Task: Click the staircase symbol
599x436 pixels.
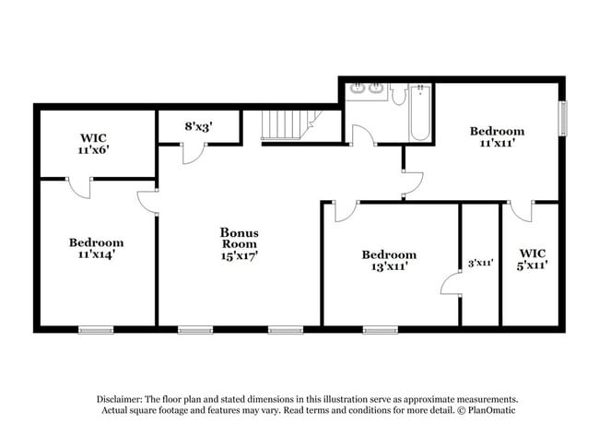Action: (288, 124)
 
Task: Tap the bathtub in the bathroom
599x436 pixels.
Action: (419, 112)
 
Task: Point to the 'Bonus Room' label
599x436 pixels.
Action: (239, 239)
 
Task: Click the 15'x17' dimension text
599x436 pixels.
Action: (239, 255)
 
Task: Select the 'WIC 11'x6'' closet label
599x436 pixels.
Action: (93, 143)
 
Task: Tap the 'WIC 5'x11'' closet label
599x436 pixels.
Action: (533, 258)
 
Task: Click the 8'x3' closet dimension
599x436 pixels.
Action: (198, 127)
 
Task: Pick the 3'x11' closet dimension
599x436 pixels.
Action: (480, 263)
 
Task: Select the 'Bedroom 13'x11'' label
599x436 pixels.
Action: (388, 260)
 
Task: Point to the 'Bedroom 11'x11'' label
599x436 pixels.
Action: (497, 137)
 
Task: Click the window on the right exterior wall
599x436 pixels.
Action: (562, 118)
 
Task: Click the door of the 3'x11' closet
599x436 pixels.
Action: (451, 285)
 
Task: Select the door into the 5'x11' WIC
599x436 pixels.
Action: (521, 211)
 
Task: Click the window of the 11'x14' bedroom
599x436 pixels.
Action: (96, 329)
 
